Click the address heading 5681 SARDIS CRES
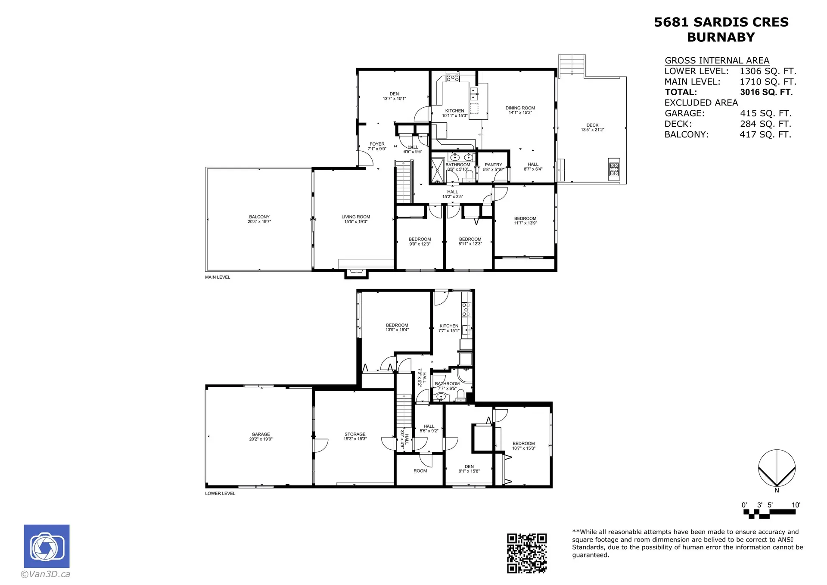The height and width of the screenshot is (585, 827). (x=721, y=22)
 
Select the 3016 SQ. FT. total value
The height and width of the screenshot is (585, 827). (x=766, y=92)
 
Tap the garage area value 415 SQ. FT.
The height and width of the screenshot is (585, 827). (x=765, y=113)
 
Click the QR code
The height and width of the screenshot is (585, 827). (x=526, y=553)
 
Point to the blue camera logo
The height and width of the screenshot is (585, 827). (x=47, y=546)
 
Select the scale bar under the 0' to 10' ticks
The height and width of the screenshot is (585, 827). (x=769, y=513)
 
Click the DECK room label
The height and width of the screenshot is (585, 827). (x=592, y=128)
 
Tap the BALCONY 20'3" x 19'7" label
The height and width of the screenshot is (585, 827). (x=259, y=219)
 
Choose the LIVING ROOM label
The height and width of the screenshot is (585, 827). (x=356, y=219)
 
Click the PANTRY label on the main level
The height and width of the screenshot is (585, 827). (x=493, y=167)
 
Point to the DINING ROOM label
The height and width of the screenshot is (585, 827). (x=520, y=110)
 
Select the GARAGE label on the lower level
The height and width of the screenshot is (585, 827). (x=261, y=436)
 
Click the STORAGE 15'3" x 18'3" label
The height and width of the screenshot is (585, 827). (x=355, y=436)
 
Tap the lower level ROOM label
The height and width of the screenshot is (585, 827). (x=420, y=471)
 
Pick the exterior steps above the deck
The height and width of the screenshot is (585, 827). (x=572, y=65)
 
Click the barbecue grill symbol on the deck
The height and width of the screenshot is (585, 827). (x=613, y=169)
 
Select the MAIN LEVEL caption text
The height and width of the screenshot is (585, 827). (x=218, y=277)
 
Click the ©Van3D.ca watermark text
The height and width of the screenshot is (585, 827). (x=45, y=574)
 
